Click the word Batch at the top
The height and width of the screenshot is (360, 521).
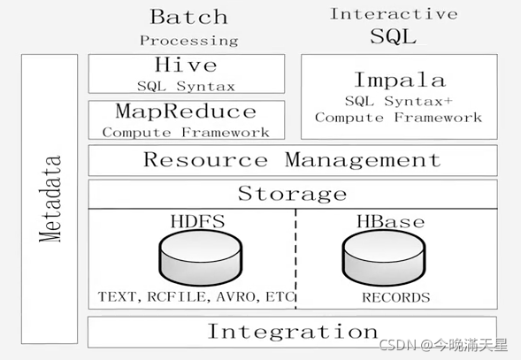coord(188,17)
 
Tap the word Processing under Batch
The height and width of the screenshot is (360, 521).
coord(188,41)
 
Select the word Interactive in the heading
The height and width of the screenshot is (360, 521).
coord(394,14)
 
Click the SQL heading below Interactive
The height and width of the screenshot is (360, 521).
coord(393,36)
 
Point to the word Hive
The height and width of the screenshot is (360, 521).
coord(186,65)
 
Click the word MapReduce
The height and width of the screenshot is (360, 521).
coord(186,111)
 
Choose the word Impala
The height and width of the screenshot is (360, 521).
coord(400,80)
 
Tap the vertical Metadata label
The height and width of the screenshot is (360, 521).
coord(50,198)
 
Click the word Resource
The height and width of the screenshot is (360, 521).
coord(206,159)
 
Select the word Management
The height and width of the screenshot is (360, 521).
coord(363,160)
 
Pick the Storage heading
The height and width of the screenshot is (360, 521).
coord(293,194)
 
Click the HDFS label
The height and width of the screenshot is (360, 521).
coord(198,221)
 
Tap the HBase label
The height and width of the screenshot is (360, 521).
coord(391,221)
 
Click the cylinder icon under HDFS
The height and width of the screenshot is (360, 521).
coord(201,257)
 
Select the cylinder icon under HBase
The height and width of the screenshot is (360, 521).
coord(384,257)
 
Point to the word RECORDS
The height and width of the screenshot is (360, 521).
coord(396,297)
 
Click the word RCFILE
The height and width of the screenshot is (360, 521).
coord(178,297)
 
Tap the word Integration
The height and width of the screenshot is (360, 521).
coord(293,332)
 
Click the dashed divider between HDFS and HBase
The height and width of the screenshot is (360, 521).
coord(295,259)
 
